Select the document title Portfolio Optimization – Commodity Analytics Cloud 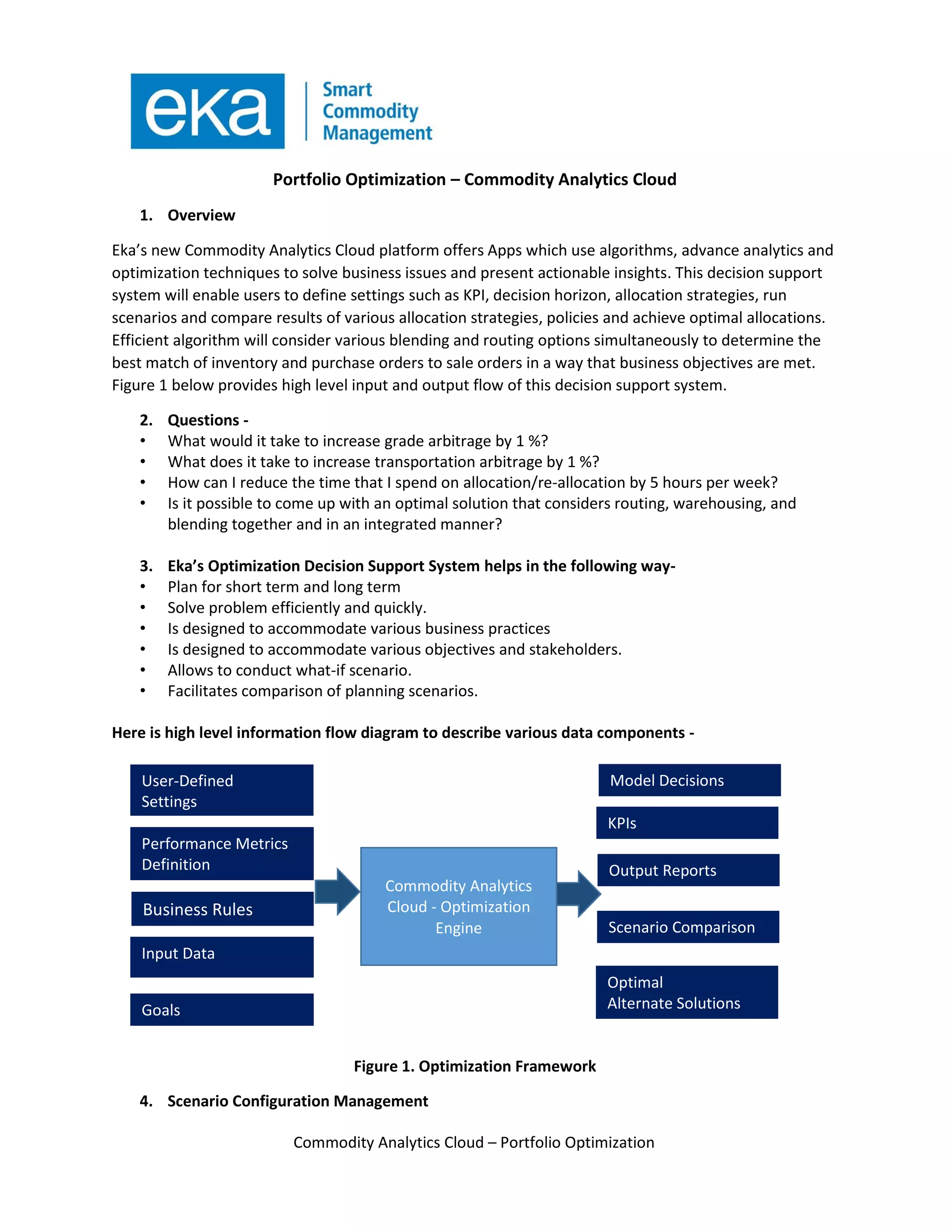coord(475,179)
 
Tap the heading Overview coord(201,216)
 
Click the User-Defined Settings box coord(222,790)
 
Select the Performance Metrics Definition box coord(222,854)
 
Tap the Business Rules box coord(222,909)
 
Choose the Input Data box coord(222,957)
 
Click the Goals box coord(222,1010)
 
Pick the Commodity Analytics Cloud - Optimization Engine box coord(458,907)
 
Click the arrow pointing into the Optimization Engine coord(338,892)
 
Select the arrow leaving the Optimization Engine coord(578,894)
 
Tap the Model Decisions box coord(689,781)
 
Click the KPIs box coord(687,823)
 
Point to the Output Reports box coord(688,871)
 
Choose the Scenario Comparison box coord(688,928)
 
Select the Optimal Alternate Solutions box coord(687,992)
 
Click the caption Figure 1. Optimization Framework coord(475,1066)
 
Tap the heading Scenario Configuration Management coord(297,1101)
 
